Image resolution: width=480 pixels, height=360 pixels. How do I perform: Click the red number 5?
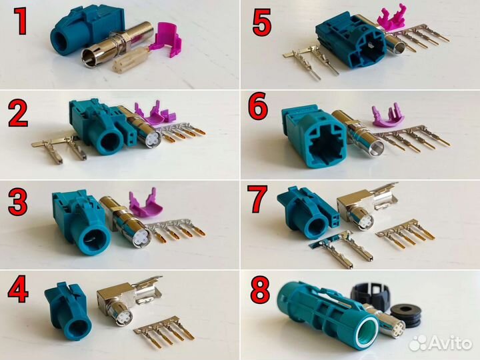(262, 23)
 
